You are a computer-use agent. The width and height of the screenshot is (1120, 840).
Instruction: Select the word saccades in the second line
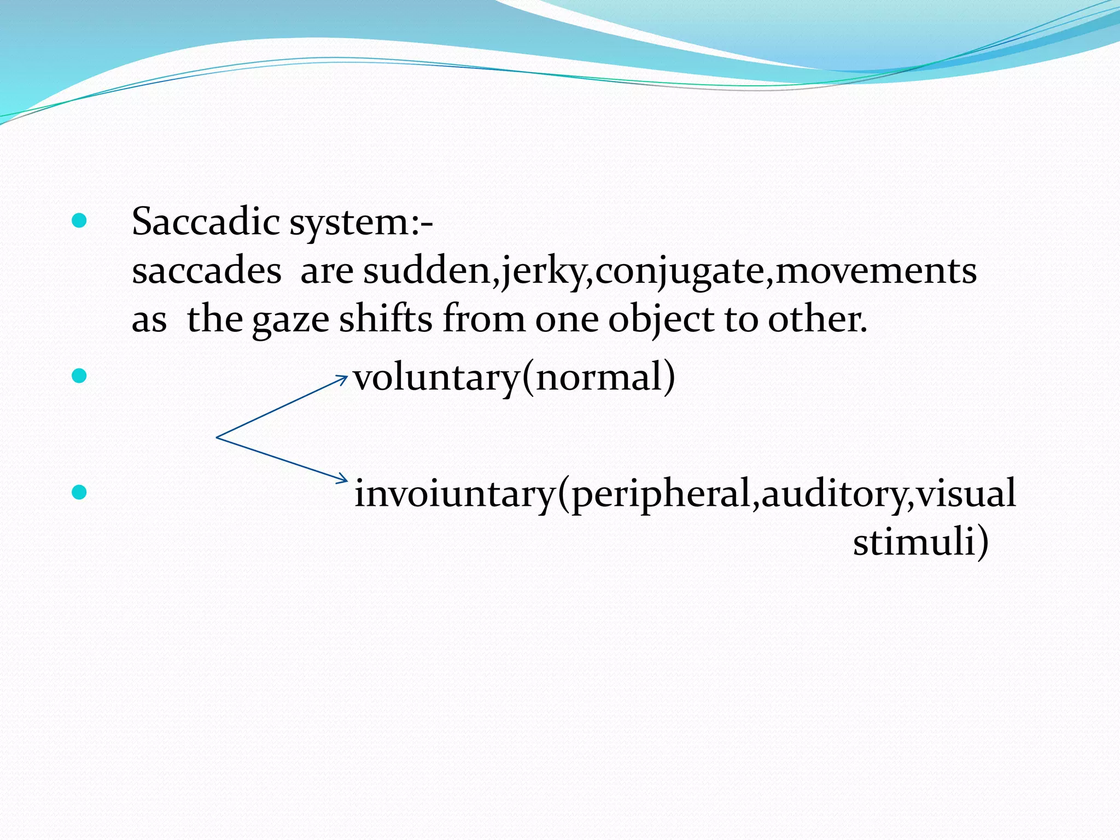(207, 271)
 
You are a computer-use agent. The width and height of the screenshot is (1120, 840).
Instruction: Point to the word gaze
(290, 320)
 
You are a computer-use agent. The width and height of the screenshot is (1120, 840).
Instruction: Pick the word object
(661, 320)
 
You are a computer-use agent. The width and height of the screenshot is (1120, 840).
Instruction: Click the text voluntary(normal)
(514, 378)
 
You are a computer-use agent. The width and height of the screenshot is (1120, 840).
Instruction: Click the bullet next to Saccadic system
(80, 221)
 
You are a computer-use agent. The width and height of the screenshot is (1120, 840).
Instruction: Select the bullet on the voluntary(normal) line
(80, 376)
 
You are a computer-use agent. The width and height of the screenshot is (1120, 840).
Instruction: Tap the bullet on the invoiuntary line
(80, 492)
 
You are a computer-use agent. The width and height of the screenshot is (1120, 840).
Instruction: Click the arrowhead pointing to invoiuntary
(343, 480)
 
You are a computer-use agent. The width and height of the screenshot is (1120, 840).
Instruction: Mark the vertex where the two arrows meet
(218, 437)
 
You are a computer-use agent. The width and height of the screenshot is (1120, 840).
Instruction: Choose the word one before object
(567, 320)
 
